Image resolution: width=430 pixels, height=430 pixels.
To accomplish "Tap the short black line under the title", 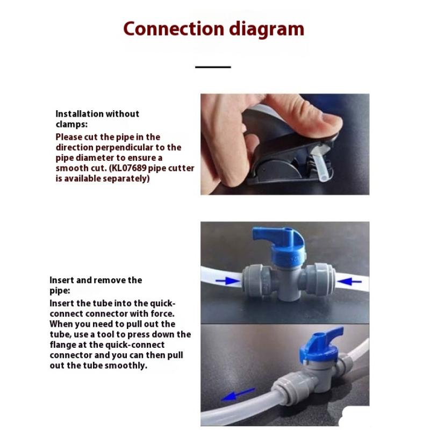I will (x=213, y=67).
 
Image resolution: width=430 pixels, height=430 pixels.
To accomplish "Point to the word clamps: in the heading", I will (x=71, y=124).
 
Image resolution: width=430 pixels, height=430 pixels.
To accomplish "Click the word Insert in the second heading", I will (x=62, y=280).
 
